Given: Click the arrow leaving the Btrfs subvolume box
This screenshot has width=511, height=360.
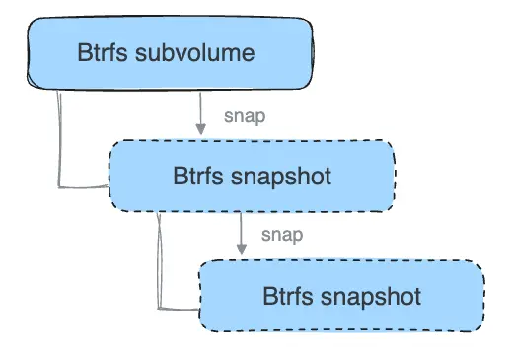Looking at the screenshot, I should [x=201, y=113].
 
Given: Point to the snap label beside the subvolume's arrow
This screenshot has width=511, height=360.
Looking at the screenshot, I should [x=245, y=115].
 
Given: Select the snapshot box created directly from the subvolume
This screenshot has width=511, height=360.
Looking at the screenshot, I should [x=252, y=176].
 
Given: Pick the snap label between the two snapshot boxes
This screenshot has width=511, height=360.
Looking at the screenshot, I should [x=282, y=235].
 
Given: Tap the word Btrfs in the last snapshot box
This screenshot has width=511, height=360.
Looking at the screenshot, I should [x=286, y=296].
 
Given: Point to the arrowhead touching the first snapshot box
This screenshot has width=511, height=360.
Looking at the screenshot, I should [x=201, y=131].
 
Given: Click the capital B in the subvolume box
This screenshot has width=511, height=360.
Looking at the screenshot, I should [x=84, y=53].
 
